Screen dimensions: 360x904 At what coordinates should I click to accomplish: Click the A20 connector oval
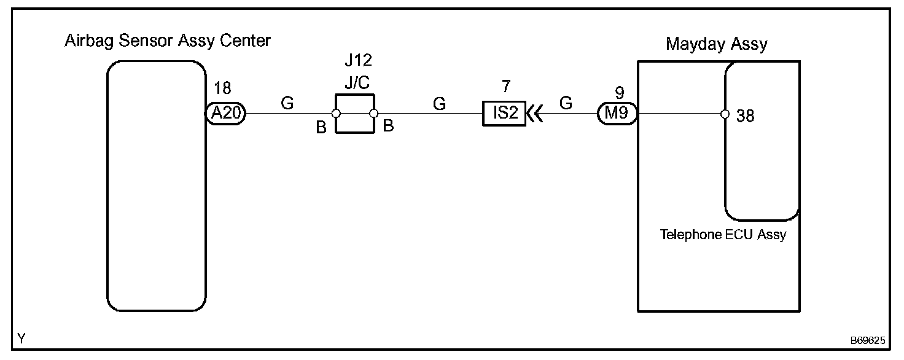point(225,114)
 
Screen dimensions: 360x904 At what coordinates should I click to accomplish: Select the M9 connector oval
point(618,114)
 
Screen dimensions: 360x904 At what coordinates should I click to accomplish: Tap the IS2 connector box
point(504,114)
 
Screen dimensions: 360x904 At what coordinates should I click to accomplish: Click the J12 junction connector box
point(354,114)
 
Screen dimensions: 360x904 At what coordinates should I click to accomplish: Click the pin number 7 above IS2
point(505,86)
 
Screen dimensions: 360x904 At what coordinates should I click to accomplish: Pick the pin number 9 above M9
point(619,92)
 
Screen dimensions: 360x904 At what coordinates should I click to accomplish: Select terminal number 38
point(745,115)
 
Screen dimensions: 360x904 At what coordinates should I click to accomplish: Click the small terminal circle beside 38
point(725,114)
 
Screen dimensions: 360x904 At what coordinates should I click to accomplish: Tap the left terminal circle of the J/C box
point(336,114)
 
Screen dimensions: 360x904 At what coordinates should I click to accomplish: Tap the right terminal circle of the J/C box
point(373,114)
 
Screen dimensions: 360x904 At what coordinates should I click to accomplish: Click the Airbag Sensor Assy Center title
point(168,41)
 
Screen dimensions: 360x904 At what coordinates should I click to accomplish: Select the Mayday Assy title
point(717,44)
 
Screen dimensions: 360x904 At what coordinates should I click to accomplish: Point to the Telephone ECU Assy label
point(723,234)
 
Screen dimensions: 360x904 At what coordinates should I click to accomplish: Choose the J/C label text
point(356,82)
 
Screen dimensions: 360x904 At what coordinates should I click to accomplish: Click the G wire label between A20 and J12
point(287,103)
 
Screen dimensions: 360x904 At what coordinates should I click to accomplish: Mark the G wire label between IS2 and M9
point(566,103)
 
